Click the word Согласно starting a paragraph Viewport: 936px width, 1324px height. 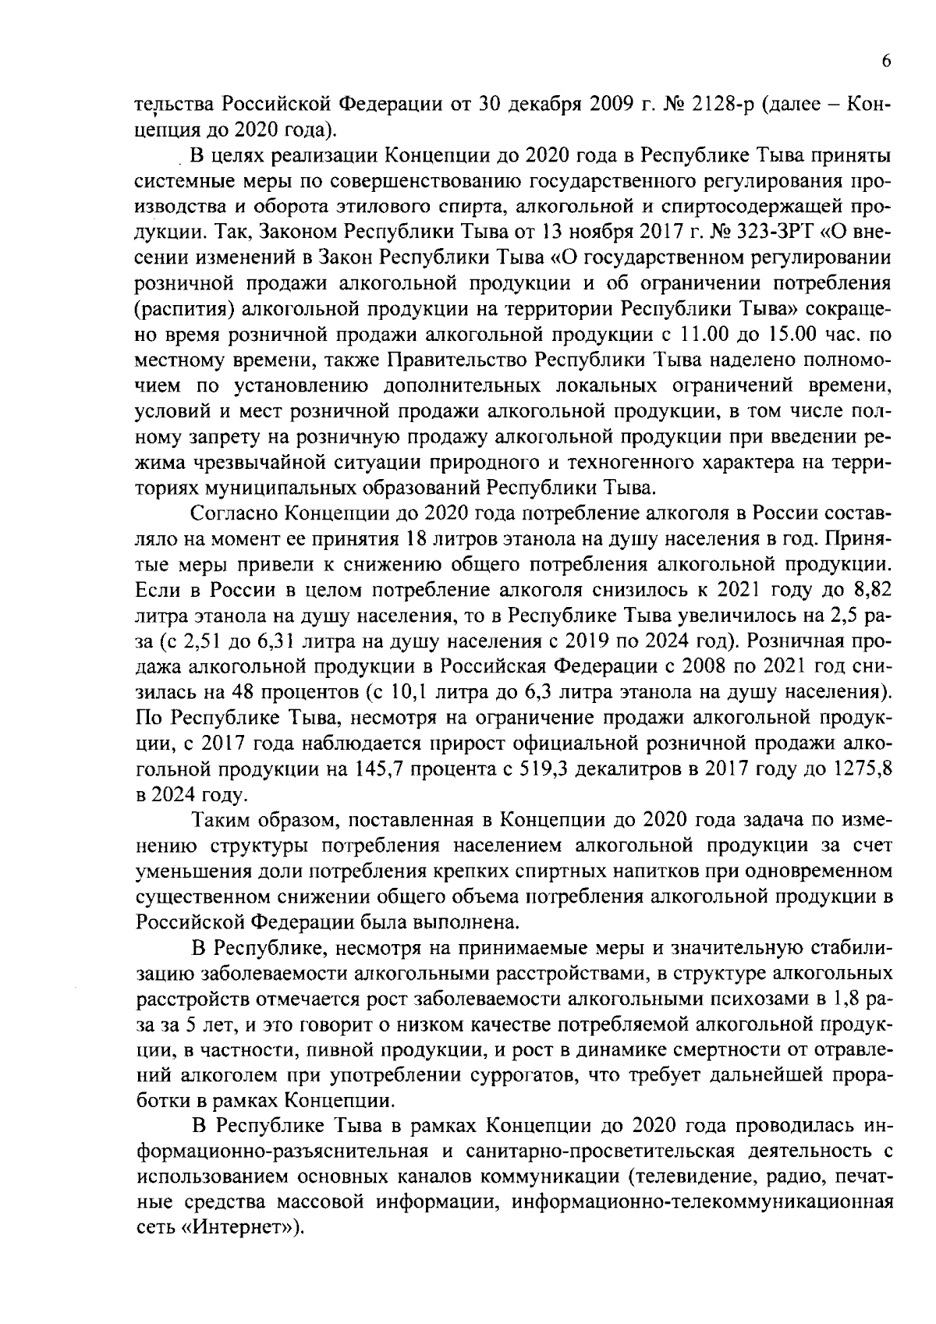232,514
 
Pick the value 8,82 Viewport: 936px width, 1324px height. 871,591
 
